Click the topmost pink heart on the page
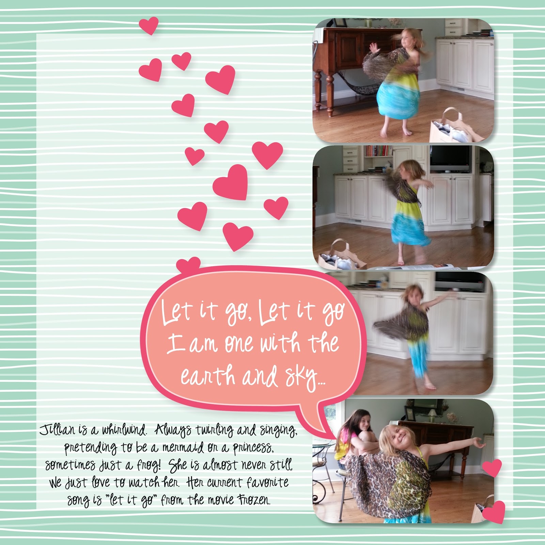pyautogui.click(x=149, y=25)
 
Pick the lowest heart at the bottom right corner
pyautogui.click(x=494, y=512)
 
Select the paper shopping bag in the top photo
pyautogui.click(x=451, y=126)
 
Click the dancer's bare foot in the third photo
pyautogui.click(x=430, y=386)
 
